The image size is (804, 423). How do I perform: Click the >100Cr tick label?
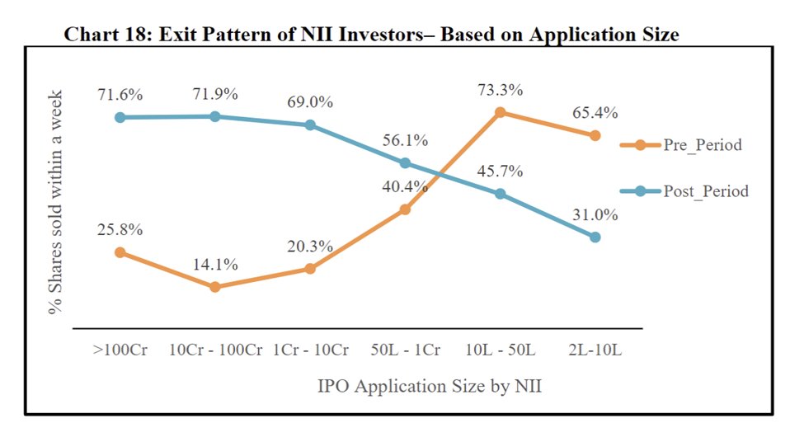(120, 350)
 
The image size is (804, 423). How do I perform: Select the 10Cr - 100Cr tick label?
(214, 350)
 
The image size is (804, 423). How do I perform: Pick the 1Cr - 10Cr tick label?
(310, 350)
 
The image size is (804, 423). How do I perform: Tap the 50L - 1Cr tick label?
(405, 350)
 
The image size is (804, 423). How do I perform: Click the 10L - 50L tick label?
(501, 350)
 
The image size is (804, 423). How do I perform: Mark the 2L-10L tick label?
(595, 350)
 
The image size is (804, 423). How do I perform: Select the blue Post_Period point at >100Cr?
(120, 117)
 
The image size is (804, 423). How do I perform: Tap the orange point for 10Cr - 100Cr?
(215, 287)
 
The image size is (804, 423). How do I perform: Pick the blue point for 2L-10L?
(595, 237)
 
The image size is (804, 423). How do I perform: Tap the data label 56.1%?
(406, 141)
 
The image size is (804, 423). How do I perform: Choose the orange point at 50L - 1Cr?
(406, 209)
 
